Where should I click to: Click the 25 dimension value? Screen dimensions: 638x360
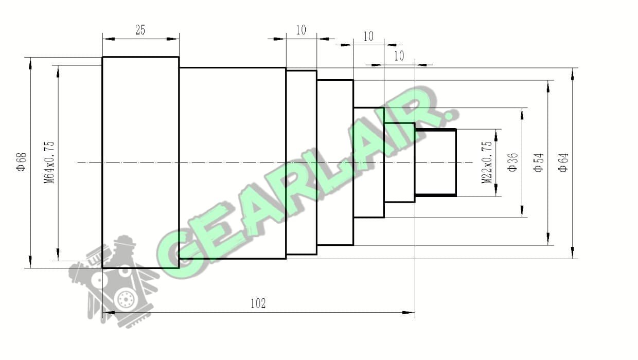coord(140,30)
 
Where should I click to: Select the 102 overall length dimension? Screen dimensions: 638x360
coord(258,303)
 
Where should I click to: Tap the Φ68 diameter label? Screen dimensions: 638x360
coord(22,162)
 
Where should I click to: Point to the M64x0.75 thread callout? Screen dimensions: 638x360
coord(49,162)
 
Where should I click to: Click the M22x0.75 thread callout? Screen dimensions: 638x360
coord(487,163)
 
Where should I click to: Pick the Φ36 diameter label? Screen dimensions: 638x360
coord(512,163)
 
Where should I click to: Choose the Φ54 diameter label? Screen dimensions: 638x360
coord(539,163)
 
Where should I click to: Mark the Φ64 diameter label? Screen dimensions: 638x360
coord(564,163)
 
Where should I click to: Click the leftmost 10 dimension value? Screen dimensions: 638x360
coord(301,30)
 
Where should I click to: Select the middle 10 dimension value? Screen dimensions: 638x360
coord(368,37)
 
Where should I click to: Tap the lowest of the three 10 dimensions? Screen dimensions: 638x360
coord(399,56)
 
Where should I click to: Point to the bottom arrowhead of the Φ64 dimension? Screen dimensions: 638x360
coord(573,253)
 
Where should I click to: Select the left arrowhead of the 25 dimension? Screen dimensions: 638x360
coord(109,39)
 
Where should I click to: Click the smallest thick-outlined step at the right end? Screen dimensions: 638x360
coord(435,163)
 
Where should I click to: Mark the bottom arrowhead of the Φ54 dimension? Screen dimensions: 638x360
coord(548,239)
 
